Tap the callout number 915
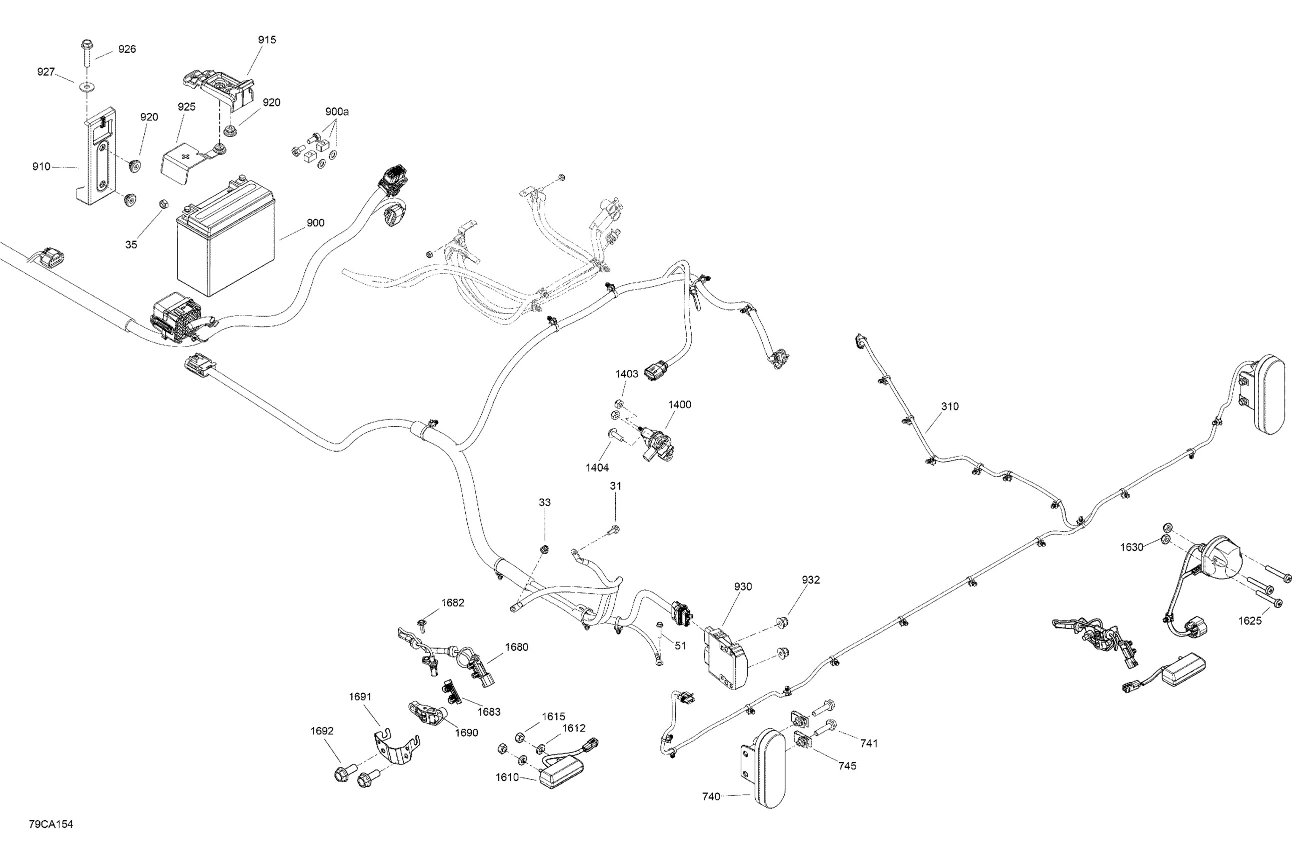[x=267, y=39]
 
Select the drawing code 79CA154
[x=51, y=824]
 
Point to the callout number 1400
[x=680, y=404]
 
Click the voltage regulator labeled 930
[x=725, y=657]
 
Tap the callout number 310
[x=950, y=406]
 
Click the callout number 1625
[x=1250, y=620]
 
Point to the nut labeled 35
[x=163, y=204]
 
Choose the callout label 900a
[x=336, y=111]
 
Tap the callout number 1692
[x=322, y=731]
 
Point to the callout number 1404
[x=597, y=467]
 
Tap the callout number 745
[x=847, y=765]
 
